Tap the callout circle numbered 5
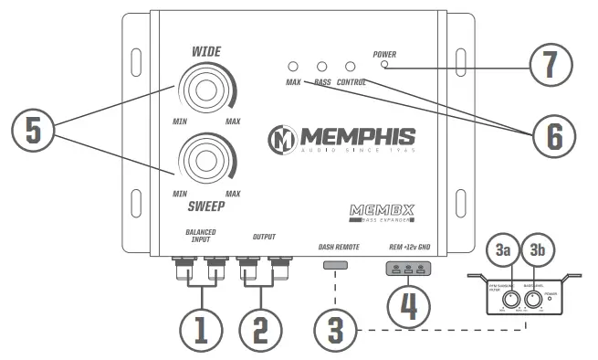(33, 130)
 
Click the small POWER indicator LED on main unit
(384, 66)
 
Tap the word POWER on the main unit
(384, 55)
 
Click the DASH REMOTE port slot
(336, 265)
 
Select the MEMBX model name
(383, 210)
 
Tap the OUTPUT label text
(264, 237)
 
